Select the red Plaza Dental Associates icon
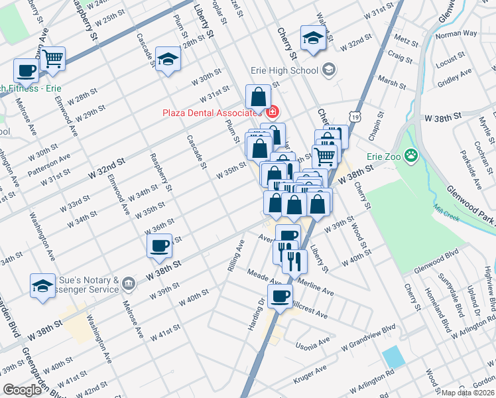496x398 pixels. (272, 112)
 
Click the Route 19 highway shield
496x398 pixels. (356, 117)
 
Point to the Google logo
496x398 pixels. (21, 390)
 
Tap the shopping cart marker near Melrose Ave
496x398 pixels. (52, 59)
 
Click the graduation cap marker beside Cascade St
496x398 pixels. (168, 60)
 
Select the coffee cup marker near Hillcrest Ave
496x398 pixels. (280, 297)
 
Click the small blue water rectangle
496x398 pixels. (393, 356)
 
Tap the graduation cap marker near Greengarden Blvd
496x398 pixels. (43, 287)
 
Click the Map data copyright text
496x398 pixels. (468, 393)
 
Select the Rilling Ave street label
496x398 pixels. (236, 251)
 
